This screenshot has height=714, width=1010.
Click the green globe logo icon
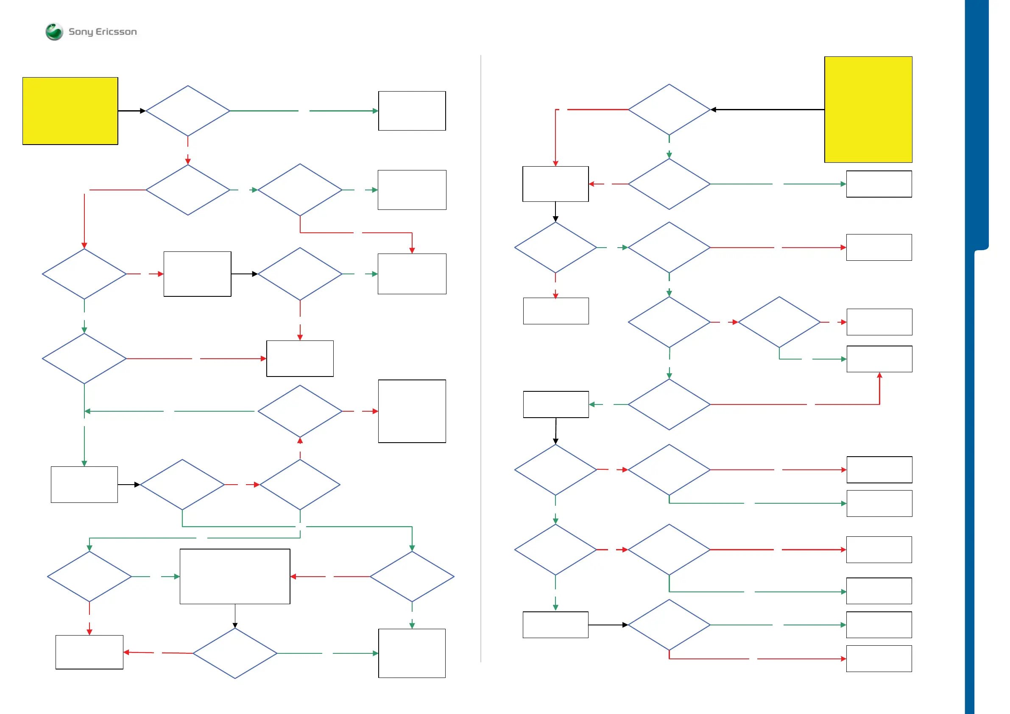pos(54,32)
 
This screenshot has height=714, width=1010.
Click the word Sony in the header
pos(81,32)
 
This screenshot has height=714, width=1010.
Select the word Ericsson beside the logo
pos(116,32)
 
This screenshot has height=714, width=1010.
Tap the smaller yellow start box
pos(70,111)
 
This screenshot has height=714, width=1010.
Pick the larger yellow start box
pos(868,109)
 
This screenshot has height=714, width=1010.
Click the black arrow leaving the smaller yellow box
pos(131,111)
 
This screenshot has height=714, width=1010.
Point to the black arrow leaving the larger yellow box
pos(767,109)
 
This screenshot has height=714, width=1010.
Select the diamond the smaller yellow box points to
pos(188,111)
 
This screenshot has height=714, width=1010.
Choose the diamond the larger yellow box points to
pos(669,109)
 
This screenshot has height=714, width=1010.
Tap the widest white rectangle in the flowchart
pos(235,576)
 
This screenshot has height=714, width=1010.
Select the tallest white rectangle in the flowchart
pos(412,411)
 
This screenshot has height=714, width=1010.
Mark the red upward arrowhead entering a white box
pos(879,375)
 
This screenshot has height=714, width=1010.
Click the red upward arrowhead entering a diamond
pos(300,441)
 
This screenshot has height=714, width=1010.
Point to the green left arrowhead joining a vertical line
pos(87,411)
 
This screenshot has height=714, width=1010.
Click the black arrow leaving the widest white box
pos(235,616)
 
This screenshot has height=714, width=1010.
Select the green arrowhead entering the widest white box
pos(177,576)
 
